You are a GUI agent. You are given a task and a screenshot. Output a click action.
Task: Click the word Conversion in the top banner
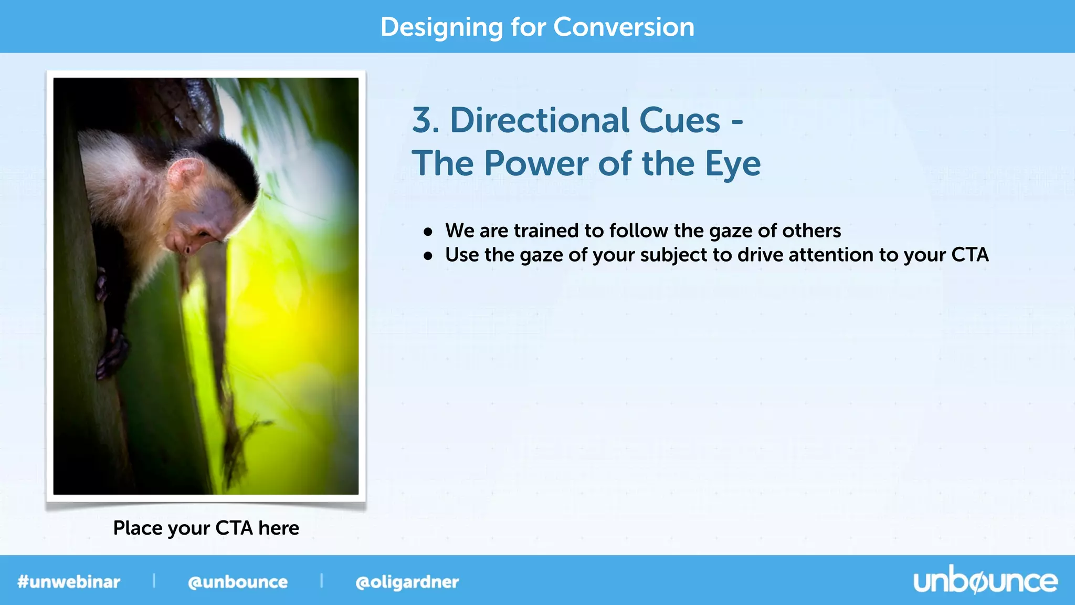click(624, 27)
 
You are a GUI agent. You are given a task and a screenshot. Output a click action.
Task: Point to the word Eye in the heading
click(732, 164)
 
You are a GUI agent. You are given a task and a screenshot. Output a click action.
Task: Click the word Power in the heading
click(535, 164)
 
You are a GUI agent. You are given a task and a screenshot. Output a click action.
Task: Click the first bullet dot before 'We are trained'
click(428, 232)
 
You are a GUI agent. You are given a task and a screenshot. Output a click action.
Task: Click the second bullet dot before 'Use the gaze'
click(428, 256)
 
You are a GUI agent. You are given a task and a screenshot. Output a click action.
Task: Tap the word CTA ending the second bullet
click(969, 255)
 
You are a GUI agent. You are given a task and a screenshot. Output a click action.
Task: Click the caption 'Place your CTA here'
click(206, 528)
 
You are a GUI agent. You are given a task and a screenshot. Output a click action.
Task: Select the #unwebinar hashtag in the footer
click(69, 582)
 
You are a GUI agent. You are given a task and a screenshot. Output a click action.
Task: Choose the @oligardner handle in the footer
click(407, 582)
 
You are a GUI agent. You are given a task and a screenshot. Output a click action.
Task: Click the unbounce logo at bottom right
click(985, 581)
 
